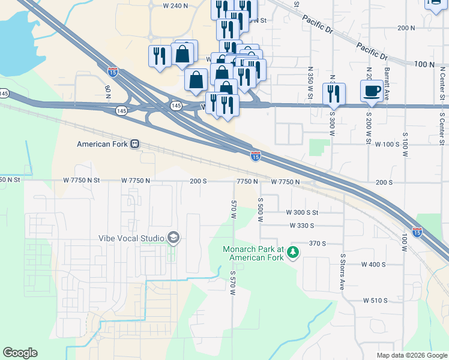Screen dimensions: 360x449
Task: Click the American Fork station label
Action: pos(103,144)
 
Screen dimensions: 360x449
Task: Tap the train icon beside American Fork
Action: pos(136,144)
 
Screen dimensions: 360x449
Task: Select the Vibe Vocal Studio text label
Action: pos(131,238)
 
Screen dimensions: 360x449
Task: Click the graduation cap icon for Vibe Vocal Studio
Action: pos(174,238)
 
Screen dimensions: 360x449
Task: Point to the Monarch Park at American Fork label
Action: pos(253,253)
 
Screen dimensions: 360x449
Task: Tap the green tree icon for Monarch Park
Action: pos(293,253)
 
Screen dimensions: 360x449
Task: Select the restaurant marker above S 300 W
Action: pos(334,94)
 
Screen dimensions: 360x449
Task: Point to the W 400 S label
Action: pos(373,264)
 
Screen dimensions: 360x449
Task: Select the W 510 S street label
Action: pos(375,300)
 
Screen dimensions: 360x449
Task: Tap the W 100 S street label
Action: pos(387,145)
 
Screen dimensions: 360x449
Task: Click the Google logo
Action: pos(20,353)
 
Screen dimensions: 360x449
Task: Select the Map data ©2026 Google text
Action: pos(411,355)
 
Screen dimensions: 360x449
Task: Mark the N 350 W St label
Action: pos(310,79)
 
